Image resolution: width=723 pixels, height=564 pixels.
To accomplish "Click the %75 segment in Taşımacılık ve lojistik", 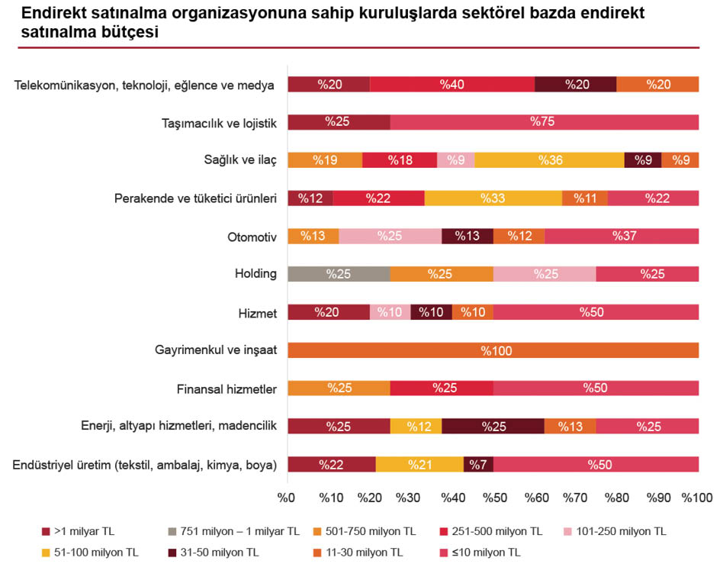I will [x=544, y=122].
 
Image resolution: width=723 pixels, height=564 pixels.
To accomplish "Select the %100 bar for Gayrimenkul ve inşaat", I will [x=493, y=350].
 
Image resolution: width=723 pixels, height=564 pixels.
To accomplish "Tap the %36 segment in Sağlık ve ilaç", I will [x=549, y=160].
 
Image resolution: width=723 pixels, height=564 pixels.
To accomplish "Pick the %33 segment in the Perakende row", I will [x=493, y=198].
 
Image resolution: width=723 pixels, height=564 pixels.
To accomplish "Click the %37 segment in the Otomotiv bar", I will [x=621, y=237].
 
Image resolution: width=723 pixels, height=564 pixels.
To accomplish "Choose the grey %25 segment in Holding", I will [x=339, y=274].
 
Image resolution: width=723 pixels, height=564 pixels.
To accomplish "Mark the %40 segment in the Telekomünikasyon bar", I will [x=451, y=85].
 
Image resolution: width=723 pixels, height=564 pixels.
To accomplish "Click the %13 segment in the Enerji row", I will [x=570, y=426].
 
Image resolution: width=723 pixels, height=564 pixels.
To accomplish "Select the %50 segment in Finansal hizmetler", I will [x=595, y=388].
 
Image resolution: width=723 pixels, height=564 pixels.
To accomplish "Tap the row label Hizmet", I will [x=258, y=313].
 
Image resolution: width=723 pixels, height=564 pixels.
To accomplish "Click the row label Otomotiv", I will [x=252, y=237].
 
